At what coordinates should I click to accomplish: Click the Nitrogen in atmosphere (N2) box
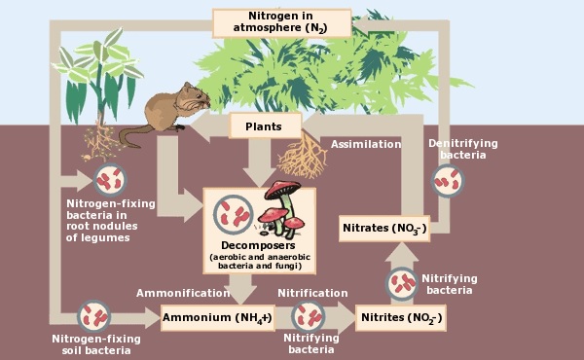click(x=280, y=21)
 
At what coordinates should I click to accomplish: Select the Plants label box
click(x=265, y=126)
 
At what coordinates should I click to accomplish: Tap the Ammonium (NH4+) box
click(x=216, y=318)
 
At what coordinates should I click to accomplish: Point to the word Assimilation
click(x=365, y=144)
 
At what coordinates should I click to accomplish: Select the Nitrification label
click(x=312, y=293)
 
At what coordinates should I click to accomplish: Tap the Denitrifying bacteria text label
click(x=462, y=149)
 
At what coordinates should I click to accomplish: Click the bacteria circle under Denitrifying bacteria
click(x=449, y=180)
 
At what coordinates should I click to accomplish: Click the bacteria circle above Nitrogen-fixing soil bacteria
click(x=94, y=315)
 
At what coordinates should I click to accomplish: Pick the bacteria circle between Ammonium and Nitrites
click(x=308, y=316)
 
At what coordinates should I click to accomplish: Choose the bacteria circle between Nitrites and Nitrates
click(x=402, y=284)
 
